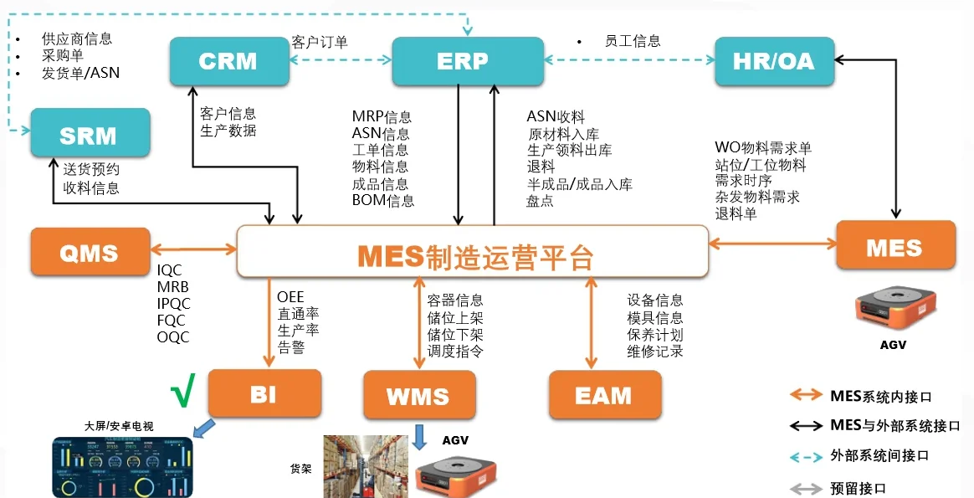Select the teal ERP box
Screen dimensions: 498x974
[462, 61]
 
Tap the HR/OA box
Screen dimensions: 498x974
[774, 61]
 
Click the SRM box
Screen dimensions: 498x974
[90, 133]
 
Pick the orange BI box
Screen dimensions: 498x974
[264, 393]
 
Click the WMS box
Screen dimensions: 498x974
[418, 395]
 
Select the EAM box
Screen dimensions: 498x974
[604, 395]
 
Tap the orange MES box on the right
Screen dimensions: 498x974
[895, 245]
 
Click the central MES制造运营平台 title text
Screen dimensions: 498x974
[474, 256]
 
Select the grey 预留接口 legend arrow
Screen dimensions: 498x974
[808, 488]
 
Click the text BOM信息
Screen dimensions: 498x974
[382, 201]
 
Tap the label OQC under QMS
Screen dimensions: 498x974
[173, 337]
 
